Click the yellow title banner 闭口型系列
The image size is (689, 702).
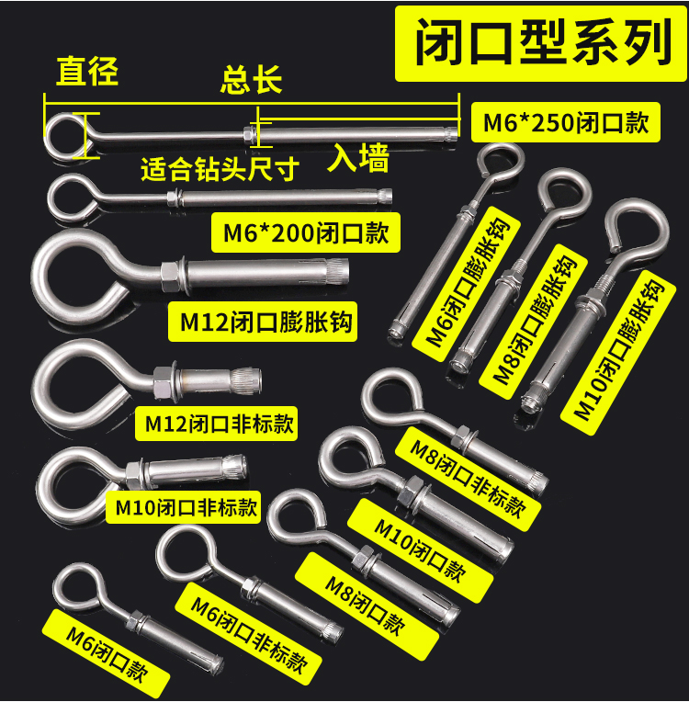pos(541,43)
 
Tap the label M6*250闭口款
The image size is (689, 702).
pos(566,123)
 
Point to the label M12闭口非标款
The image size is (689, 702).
pos(219,424)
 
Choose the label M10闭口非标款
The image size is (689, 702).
pos(184,505)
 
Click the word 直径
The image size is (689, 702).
pos(87,71)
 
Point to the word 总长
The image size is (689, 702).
pos(250,80)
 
